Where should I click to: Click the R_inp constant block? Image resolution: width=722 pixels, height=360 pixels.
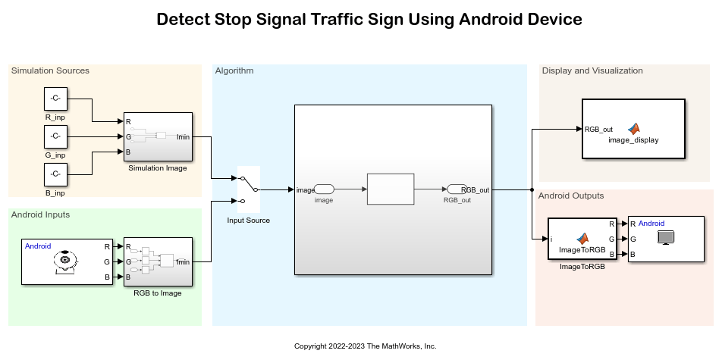point(55,99)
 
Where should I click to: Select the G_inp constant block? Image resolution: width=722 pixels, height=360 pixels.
point(55,137)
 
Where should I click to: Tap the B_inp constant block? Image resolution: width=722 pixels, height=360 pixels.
point(55,175)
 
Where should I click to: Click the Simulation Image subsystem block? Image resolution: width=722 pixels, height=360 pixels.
point(158,137)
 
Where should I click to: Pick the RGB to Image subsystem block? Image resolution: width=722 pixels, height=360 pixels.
point(158,262)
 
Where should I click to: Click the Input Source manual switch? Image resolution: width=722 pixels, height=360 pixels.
point(249,189)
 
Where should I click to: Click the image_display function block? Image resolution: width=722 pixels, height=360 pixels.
point(633,129)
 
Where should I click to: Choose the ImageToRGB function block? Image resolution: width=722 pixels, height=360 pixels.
point(582,239)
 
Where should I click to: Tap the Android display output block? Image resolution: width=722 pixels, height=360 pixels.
point(659,239)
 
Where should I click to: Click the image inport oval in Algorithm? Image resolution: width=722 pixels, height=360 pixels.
point(324,189)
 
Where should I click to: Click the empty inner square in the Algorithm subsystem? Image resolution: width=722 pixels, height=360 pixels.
point(391,189)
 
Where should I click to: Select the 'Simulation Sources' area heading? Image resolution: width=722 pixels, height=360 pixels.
point(50,70)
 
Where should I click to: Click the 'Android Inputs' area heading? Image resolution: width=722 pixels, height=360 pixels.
point(40,214)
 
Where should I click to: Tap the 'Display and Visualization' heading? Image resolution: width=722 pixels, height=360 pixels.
point(592,70)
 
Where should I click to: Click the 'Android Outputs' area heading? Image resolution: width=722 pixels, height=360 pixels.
point(571,196)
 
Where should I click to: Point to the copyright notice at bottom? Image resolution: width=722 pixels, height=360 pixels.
point(366,346)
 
